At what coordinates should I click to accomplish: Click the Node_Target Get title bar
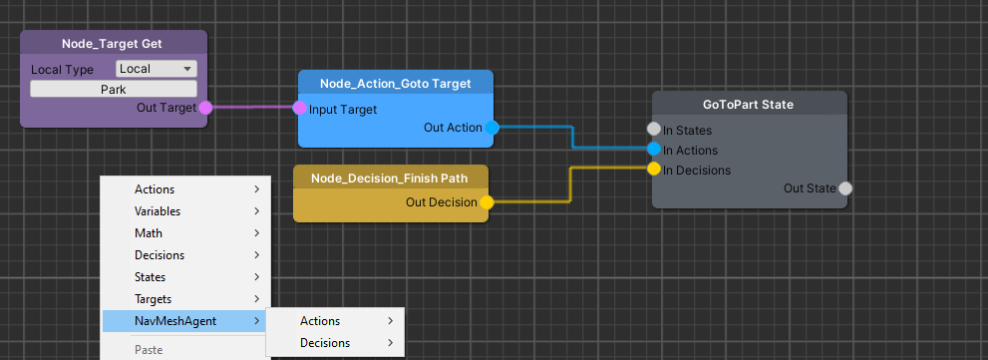click(x=113, y=43)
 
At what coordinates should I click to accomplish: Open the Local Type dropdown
click(x=157, y=69)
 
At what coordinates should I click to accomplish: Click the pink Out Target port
click(x=205, y=108)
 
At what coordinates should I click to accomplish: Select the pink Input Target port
click(x=299, y=109)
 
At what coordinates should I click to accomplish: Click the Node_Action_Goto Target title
click(x=395, y=83)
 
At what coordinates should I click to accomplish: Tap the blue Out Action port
click(x=491, y=128)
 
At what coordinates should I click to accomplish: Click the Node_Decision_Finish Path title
click(x=390, y=178)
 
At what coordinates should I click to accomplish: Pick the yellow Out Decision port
click(x=487, y=202)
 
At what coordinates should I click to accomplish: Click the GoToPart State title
click(x=749, y=104)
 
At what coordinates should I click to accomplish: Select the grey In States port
click(x=654, y=130)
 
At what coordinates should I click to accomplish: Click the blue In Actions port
click(x=654, y=150)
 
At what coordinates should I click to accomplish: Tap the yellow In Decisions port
click(x=654, y=170)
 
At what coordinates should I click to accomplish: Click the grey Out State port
click(x=844, y=188)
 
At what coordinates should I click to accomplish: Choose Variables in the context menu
click(x=157, y=211)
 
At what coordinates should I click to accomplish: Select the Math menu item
click(x=149, y=233)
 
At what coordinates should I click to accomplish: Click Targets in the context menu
click(x=154, y=299)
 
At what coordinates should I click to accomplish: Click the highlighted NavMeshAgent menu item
click(x=175, y=321)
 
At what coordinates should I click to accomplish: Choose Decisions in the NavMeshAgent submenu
click(x=325, y=343)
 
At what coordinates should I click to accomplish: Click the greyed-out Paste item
click(x=149, y=351)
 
